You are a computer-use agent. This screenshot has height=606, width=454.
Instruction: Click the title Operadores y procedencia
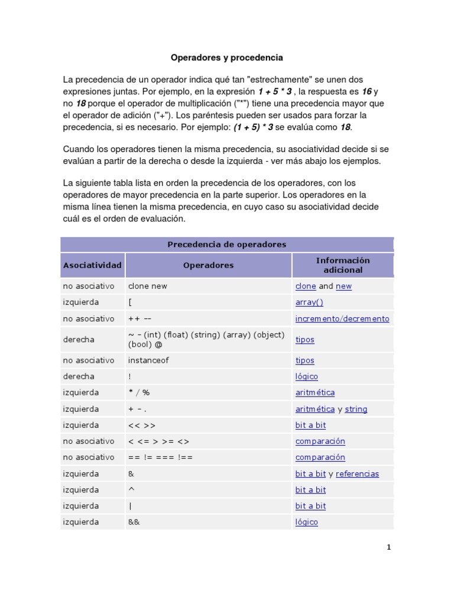point(227,58)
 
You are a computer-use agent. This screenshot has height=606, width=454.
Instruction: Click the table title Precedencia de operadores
point(226,244)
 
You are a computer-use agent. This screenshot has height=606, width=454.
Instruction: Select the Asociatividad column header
point(92,265)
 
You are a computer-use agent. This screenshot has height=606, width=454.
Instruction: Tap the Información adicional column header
point(342,265)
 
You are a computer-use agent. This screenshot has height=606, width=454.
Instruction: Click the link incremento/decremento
point(342,319)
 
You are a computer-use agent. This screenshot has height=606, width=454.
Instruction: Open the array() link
point(309,302)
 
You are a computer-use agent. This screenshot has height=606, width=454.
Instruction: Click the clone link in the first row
point(306,286)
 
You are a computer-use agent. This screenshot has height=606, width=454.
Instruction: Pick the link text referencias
point(357,474)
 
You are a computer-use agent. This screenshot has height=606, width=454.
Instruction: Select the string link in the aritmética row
point(356,409)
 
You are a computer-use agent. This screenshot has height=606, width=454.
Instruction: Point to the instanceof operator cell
point(148,360)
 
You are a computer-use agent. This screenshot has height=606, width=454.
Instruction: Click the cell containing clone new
point(148,286)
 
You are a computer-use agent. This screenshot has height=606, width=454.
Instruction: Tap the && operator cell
point(134,523)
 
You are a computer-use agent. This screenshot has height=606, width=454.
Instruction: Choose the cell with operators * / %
point(139,393)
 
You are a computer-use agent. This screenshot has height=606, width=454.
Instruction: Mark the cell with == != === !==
point(160,457)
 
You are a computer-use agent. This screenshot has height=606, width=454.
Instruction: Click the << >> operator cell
point(142,426)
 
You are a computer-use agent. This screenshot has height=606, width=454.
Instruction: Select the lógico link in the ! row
point(306,377)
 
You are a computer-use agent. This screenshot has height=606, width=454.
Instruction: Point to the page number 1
point(389,547)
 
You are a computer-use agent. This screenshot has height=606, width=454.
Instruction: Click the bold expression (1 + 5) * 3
point(253,127)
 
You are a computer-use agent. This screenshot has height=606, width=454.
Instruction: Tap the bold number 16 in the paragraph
point(367,92)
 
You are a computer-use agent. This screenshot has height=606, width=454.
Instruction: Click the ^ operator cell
point(131,490)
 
